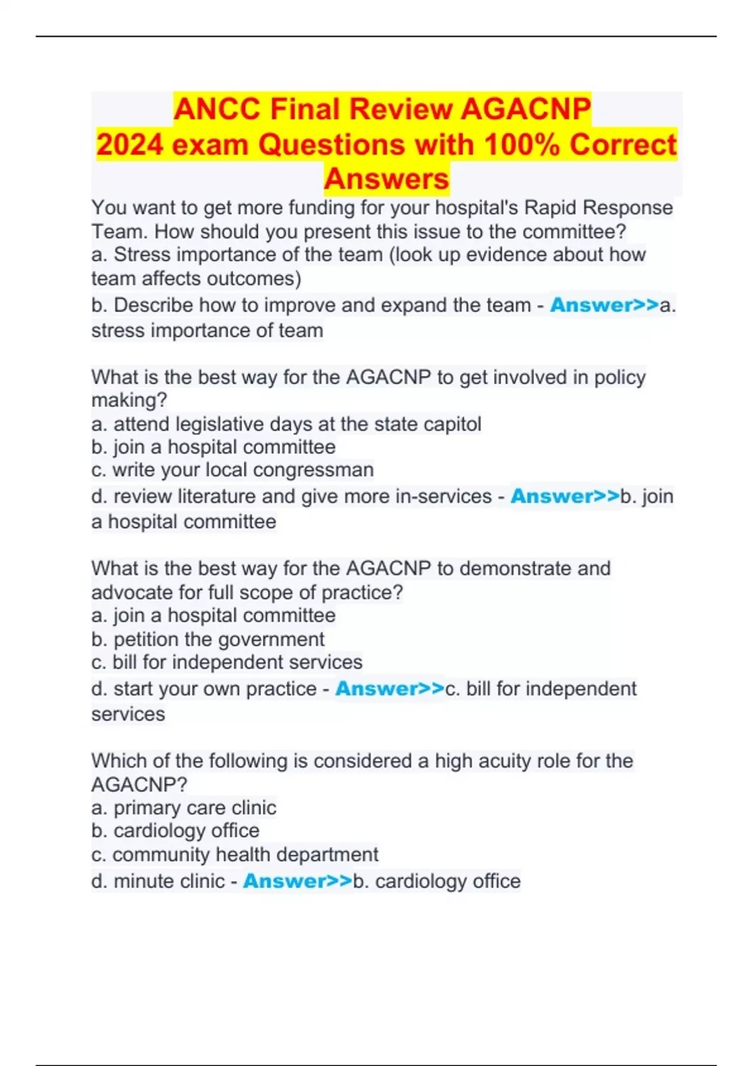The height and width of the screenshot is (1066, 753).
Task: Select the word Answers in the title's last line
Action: [x=387, y=179]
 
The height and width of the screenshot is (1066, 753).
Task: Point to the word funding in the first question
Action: [x=322, y=208]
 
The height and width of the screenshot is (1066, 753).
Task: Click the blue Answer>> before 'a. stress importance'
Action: [x=604, y=305]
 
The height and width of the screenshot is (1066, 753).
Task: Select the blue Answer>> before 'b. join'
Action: [x=565, y=497]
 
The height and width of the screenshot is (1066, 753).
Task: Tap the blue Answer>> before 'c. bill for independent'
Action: [x=389, y=689]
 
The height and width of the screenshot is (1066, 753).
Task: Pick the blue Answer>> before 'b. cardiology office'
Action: [x=297, y=881]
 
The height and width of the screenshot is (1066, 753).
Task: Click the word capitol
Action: [x=452, y=425]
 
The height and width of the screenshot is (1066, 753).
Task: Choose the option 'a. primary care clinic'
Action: [x=183, y=808]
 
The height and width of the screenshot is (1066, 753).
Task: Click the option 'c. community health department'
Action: [x=235, y=855]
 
